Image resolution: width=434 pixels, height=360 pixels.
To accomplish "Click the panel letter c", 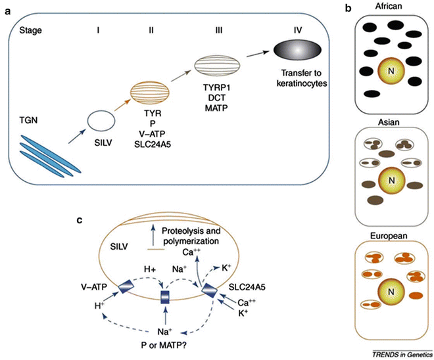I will pos(79,220).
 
